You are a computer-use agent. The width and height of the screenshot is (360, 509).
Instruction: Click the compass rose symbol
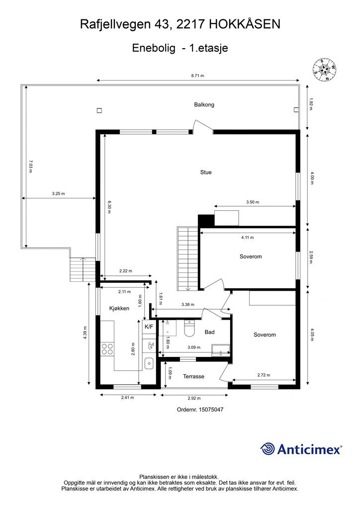(x=325, y=70)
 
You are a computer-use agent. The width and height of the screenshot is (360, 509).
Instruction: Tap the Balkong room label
(x=204, y=105)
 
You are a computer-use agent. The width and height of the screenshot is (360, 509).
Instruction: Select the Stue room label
(x=206, y=172)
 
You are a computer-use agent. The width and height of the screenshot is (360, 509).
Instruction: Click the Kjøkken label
(x=119, y=309)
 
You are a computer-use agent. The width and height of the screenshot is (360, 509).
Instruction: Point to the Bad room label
(x=209, y=332)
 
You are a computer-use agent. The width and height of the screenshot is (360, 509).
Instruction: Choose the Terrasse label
(x=193, y=376)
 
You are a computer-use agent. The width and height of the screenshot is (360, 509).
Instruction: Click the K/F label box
(x=149, y=327)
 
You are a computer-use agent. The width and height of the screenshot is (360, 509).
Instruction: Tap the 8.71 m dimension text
(x=198, y=76)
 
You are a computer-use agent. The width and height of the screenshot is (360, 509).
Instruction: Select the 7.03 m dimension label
(x=30, y=166)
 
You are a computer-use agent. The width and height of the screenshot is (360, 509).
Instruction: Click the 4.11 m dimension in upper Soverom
(x=247, y=238)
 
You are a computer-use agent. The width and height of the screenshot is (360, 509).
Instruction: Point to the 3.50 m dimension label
(x=253, y=202)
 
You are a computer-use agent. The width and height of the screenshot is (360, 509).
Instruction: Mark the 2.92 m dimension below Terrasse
(x=194, y=398)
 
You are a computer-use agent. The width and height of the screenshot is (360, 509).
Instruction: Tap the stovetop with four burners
(x=107, y=348)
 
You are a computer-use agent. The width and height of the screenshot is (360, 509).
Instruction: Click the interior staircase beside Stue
(x=184, y=258)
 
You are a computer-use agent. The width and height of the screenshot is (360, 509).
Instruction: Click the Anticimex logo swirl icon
(x=268, y=449)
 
